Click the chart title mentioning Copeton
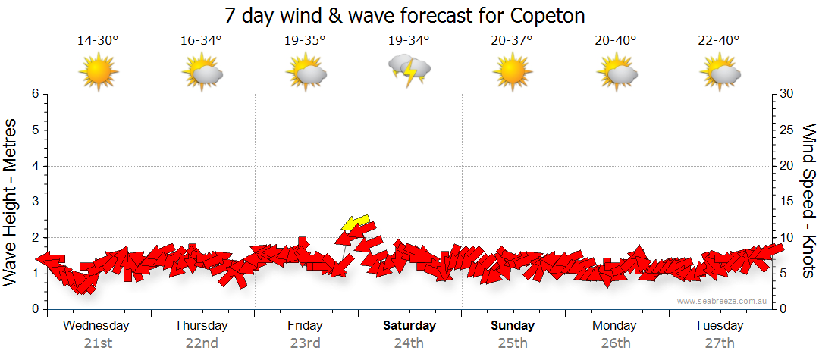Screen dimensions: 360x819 pos(405,16)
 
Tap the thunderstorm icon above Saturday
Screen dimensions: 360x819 pos(409,70)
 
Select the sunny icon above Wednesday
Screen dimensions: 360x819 pos(99,71)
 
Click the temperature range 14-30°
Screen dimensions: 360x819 pos(98,40)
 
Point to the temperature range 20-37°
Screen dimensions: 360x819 pos(511,40)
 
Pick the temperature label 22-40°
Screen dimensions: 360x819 pos(718,40)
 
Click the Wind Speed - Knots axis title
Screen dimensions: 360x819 pos(808,201)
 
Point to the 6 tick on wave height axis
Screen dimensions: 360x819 pos(35,94)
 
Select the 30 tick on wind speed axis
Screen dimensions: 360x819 pos(787,94)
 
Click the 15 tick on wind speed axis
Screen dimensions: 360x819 pos(786,202)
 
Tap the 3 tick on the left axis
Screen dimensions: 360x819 pos(35,202)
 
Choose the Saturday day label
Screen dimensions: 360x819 pos(409,326)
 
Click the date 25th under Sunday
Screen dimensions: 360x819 pos(513,343)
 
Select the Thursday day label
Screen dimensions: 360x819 pos(201,326)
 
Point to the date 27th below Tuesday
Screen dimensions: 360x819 pos(720,343)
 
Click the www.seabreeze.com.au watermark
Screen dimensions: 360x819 pos(722,302)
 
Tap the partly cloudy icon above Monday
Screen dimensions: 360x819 pos(616,73)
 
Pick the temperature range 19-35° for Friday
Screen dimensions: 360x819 pos(305,40)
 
